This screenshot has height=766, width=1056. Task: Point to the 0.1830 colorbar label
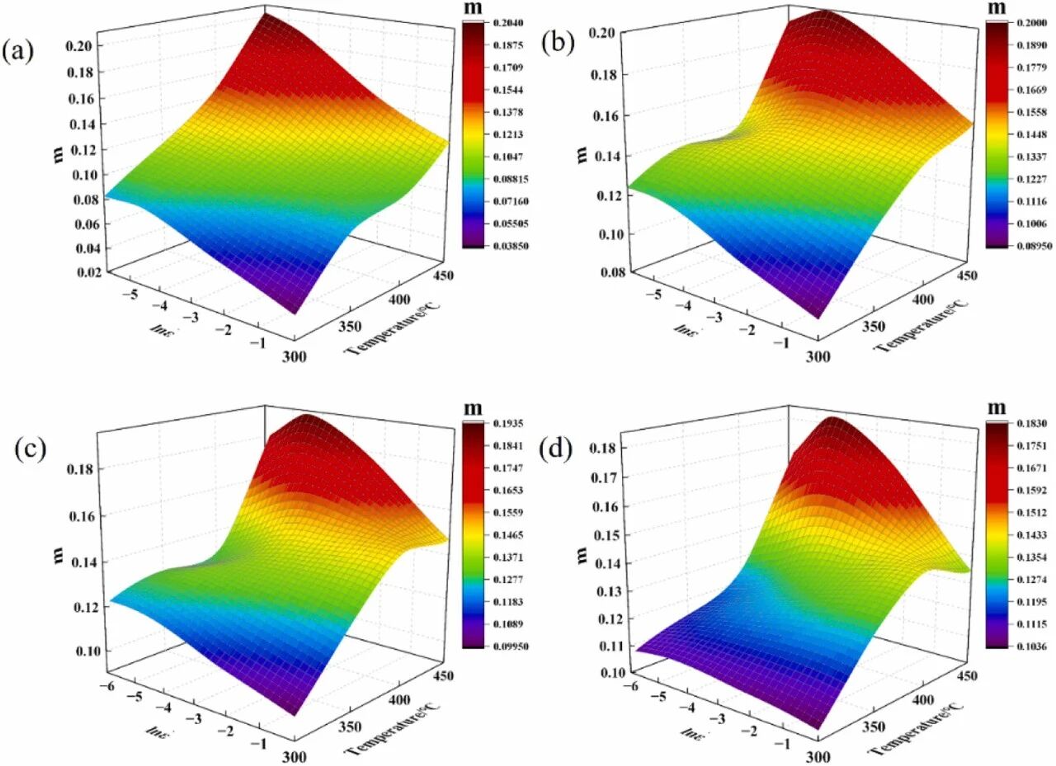coord(1025,423)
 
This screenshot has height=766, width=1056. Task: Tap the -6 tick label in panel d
coord(632,685)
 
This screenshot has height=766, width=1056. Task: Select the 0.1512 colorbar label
coord(1025,513)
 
